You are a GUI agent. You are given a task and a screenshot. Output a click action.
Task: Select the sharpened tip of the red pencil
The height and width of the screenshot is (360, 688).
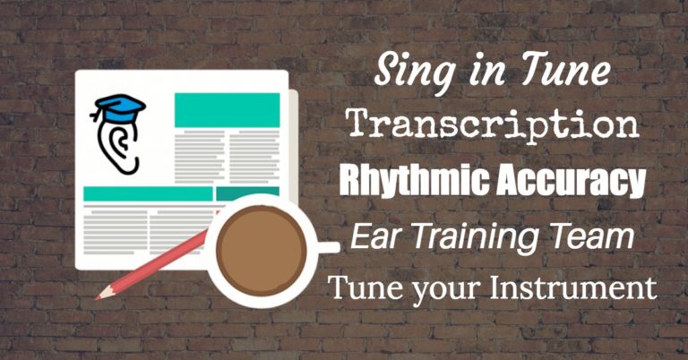point(100,295)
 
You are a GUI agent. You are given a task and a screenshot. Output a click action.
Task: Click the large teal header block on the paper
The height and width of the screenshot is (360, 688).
point(227,108)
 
